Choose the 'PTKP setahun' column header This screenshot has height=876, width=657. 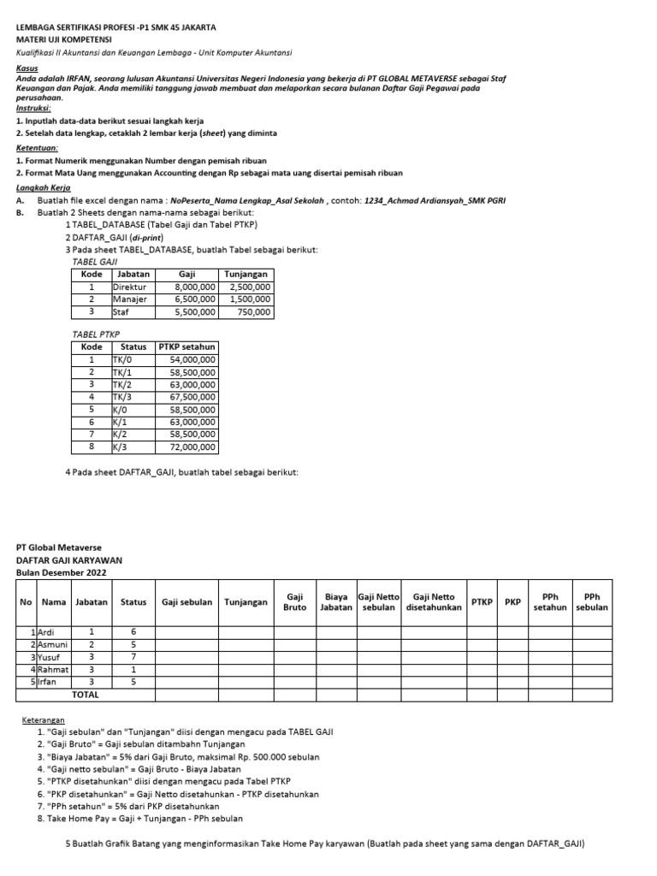[186, 347]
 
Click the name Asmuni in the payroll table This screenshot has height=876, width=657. [53, 643]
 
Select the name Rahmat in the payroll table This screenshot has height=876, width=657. [53, 669]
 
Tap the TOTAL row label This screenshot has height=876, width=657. [85, 695]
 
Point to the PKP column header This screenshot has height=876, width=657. [512, 601]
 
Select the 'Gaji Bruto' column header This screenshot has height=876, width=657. [294, 601]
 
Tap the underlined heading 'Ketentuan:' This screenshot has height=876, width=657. [37, 147]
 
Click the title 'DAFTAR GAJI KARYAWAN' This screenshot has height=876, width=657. [68, 559]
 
